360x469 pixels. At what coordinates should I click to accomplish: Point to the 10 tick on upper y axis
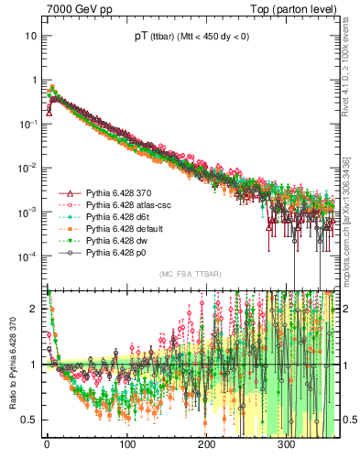[x=30, y=36]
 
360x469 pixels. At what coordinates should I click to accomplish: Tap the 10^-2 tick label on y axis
[x=27, y=167]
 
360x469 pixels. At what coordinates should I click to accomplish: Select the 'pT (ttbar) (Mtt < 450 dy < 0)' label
[x=190, y=36]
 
